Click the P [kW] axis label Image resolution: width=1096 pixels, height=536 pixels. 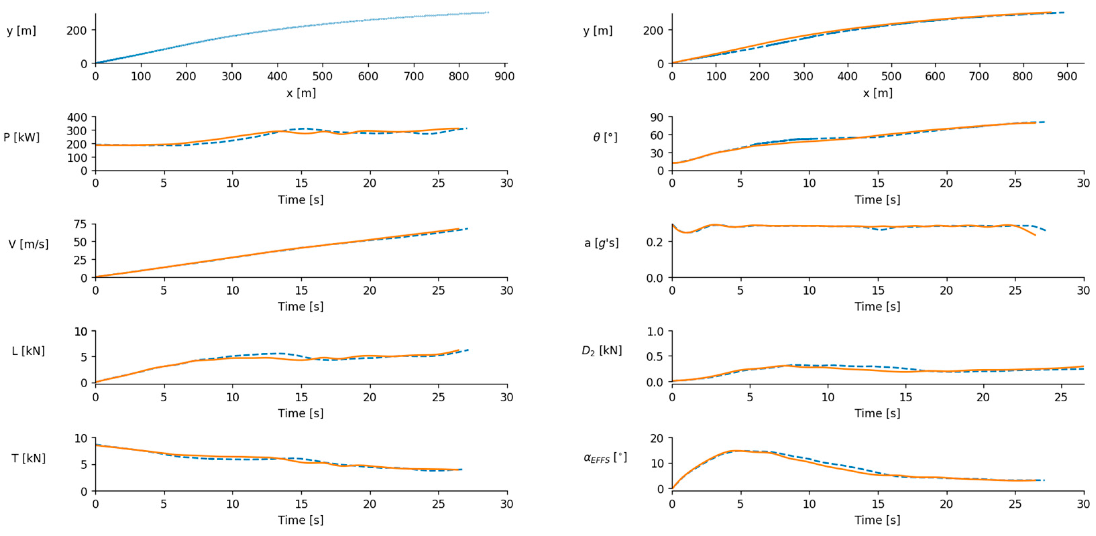pos(21,137)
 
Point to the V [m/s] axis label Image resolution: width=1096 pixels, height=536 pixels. pos(28,244)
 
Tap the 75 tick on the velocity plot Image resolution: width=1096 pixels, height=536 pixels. pos(80,224)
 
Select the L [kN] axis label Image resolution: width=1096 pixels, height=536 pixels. pos(28,351)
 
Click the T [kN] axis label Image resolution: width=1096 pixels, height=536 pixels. pos(28,458)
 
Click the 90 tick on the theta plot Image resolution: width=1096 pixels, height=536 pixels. pos(656,117)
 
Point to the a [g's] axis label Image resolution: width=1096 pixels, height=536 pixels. pos(601,243)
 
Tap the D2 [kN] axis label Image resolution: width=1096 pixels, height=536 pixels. pos(601,351)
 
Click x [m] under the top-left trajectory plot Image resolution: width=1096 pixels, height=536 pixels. pos(301,93)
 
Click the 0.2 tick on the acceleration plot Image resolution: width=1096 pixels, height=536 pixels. pos(655,242)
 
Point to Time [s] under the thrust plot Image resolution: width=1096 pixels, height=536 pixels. pos(301,520)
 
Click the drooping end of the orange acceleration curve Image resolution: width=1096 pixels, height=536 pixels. pos(1034,234)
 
